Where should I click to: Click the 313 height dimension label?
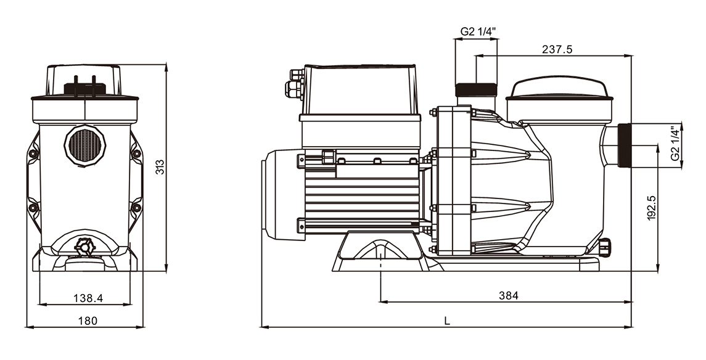pos(160,167)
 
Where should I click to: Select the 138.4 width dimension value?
pos(88,298)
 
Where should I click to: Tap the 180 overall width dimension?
pos(88,321)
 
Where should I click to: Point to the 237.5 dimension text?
pos(557,49)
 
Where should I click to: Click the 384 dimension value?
pos(509,296)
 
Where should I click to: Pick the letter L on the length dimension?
pos(447,321)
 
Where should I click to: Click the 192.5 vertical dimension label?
pos(652,208)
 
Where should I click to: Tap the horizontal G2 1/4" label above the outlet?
pos(478,31)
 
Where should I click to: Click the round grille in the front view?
pos(84,146)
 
